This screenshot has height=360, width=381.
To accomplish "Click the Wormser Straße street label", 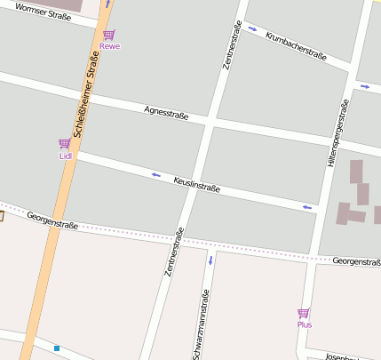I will pos(44,12).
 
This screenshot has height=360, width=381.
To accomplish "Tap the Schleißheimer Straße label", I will pos(85,92).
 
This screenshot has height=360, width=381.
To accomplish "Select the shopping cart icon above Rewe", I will pos(108,35).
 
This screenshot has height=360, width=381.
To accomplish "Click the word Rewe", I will pos(109,46).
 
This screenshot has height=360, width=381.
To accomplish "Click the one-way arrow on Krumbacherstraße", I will pos(253,29).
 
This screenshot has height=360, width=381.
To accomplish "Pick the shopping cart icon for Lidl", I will pos(64,144).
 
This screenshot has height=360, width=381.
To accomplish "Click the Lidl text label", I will pos(65,156).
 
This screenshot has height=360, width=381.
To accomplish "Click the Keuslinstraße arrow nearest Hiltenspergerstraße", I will pos(306,207).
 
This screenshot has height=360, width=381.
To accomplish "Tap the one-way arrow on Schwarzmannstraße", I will pos(210,260).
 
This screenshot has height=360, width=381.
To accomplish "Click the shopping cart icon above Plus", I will pos(304,313).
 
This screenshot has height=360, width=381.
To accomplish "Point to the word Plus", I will pos(305,324).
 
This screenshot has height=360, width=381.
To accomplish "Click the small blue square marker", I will pos(57,348).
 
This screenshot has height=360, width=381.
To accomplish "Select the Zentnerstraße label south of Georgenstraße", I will pos(174,253).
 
